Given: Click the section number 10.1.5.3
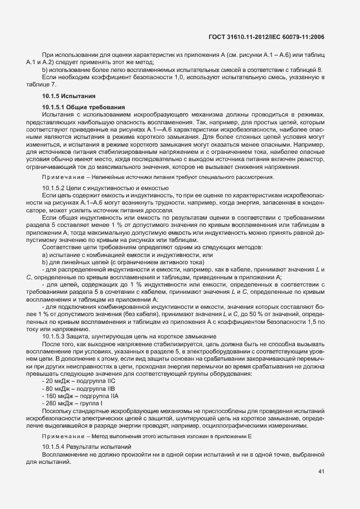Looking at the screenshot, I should point(54,336).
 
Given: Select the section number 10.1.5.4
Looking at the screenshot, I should point(54,447).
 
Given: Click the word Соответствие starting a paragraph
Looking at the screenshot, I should point(60,247).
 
